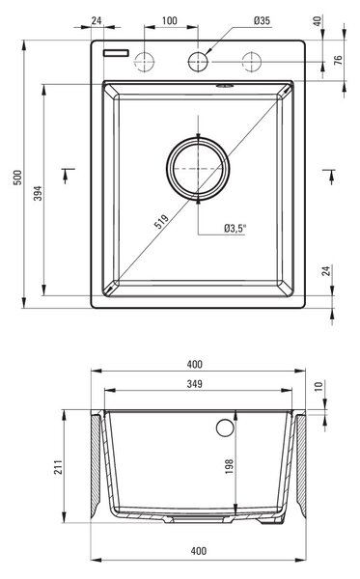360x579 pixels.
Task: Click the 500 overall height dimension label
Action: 17,178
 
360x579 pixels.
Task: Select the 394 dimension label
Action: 38,193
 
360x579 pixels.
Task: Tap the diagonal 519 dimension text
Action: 161,221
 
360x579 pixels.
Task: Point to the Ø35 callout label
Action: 262,20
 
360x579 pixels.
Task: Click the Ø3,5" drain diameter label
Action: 235,229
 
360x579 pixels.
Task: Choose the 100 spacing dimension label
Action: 170,20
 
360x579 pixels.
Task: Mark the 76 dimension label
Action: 338,60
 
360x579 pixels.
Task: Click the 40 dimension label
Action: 318,20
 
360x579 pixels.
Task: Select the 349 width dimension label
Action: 194,384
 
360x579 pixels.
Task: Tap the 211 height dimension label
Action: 58,467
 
